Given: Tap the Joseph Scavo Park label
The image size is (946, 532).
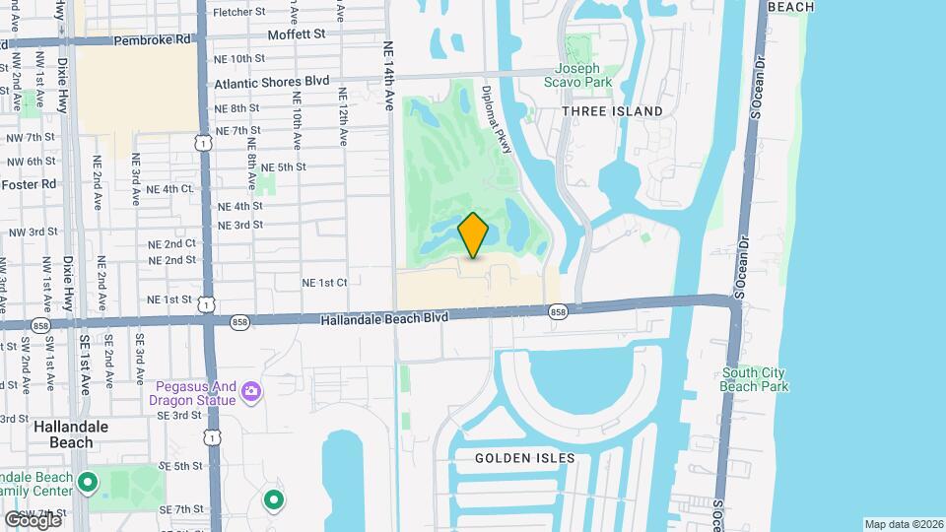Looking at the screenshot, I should [583, 76].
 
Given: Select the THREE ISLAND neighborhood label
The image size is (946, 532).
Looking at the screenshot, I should [612, 111].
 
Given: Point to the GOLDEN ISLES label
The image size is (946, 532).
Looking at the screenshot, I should [524, 458].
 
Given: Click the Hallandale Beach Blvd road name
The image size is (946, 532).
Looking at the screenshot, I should [385, 318].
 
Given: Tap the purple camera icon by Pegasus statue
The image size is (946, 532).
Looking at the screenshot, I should [251, 392].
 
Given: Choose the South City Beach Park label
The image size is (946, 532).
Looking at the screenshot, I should [754, 379].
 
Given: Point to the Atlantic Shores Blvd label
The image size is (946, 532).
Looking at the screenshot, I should [271, 84].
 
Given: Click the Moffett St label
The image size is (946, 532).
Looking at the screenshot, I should [297, 34].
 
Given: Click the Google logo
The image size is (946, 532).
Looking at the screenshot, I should [33, 519].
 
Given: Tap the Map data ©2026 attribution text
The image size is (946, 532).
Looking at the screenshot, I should [903, 524].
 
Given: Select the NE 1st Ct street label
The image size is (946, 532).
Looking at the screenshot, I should [324, 283].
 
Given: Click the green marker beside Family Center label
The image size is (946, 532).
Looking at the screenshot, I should [88, 483].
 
